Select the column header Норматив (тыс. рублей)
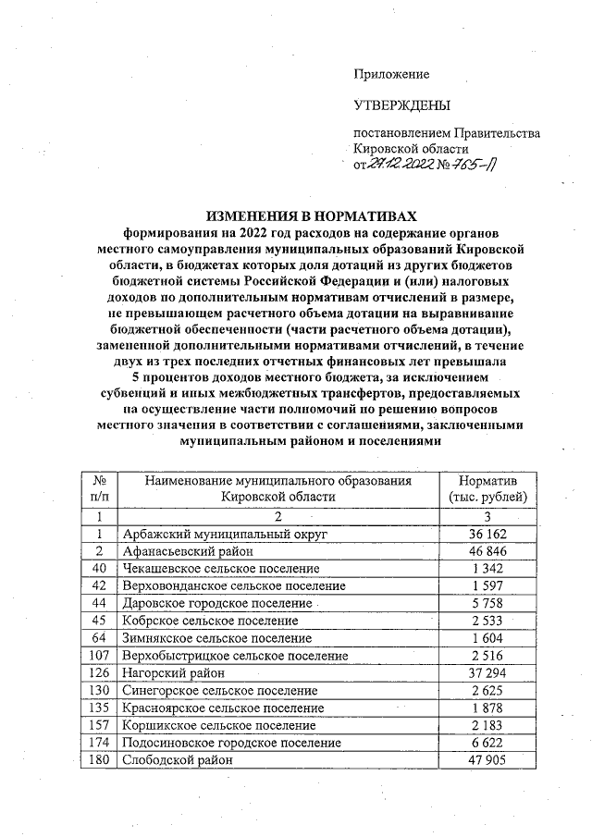tap(487, 488)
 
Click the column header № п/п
tap(99, 488)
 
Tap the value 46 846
tap(487, 551)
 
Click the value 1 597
tap(487, 586)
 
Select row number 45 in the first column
tap(99, 621)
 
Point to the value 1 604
tap(487, 638)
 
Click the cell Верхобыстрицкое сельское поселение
tap(235, 656)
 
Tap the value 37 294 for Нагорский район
tap(487, 673)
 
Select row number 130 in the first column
tap(99, 691)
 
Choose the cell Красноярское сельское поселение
tap(225, 708)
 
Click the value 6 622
tap(487, 743)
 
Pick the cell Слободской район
tap(176, 760)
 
